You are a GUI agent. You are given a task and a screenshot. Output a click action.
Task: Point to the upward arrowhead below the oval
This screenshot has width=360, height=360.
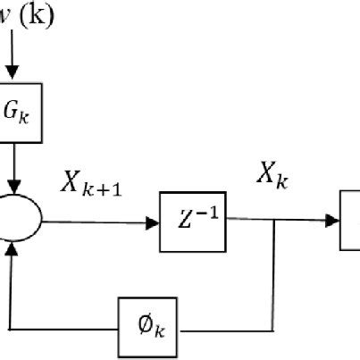coord(12,253)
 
